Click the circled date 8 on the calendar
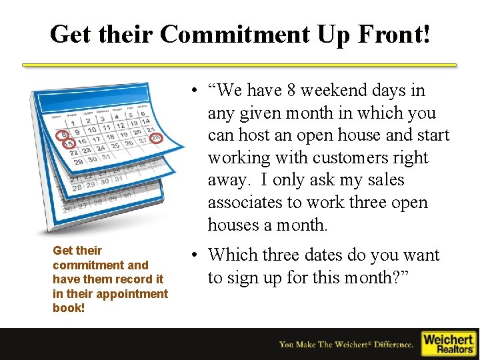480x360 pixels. point(64,134)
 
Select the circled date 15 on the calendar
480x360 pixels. point(67,143)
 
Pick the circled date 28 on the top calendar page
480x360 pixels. point(155,138)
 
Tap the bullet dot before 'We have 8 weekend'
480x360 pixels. point(191,91)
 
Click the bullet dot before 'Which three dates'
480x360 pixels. point(191,255)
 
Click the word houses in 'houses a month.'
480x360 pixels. point(233,225)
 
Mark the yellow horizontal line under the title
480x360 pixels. point(239,65)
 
